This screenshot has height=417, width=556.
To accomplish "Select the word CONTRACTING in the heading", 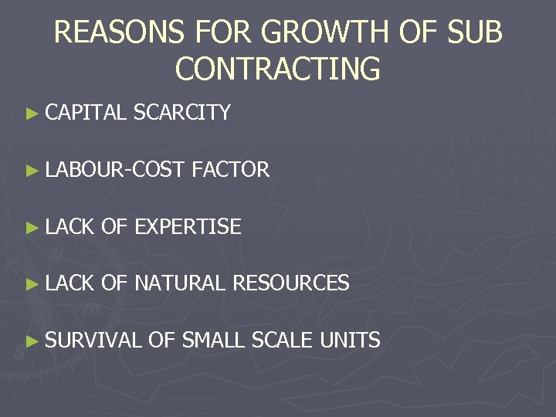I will pyautogui.click(x=278, y=68).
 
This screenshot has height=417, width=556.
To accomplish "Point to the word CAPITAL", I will pyautogui.click(x=86, y=113).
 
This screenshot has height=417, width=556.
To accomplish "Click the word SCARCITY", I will pyautogui.click(x=182, y=113).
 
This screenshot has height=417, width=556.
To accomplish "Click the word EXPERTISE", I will pyautogui.click(x=188, y=226).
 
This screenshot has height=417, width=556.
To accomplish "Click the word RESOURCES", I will pyautogui.click(x=291, y=283).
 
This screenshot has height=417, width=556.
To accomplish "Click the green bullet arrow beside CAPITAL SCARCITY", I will pyautogui.click(x=31, y=114).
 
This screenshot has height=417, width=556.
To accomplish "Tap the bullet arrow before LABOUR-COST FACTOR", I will pyautogui.click(x=31, y=171).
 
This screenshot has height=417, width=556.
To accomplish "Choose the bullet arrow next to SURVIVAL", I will pyautogui.click(x=31, y=341).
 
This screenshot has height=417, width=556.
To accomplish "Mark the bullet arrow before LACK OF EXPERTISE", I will pyautogui.click(x=31, y=227).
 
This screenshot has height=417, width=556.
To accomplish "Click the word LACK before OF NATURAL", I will pyautogui.click(x=69, y=283).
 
